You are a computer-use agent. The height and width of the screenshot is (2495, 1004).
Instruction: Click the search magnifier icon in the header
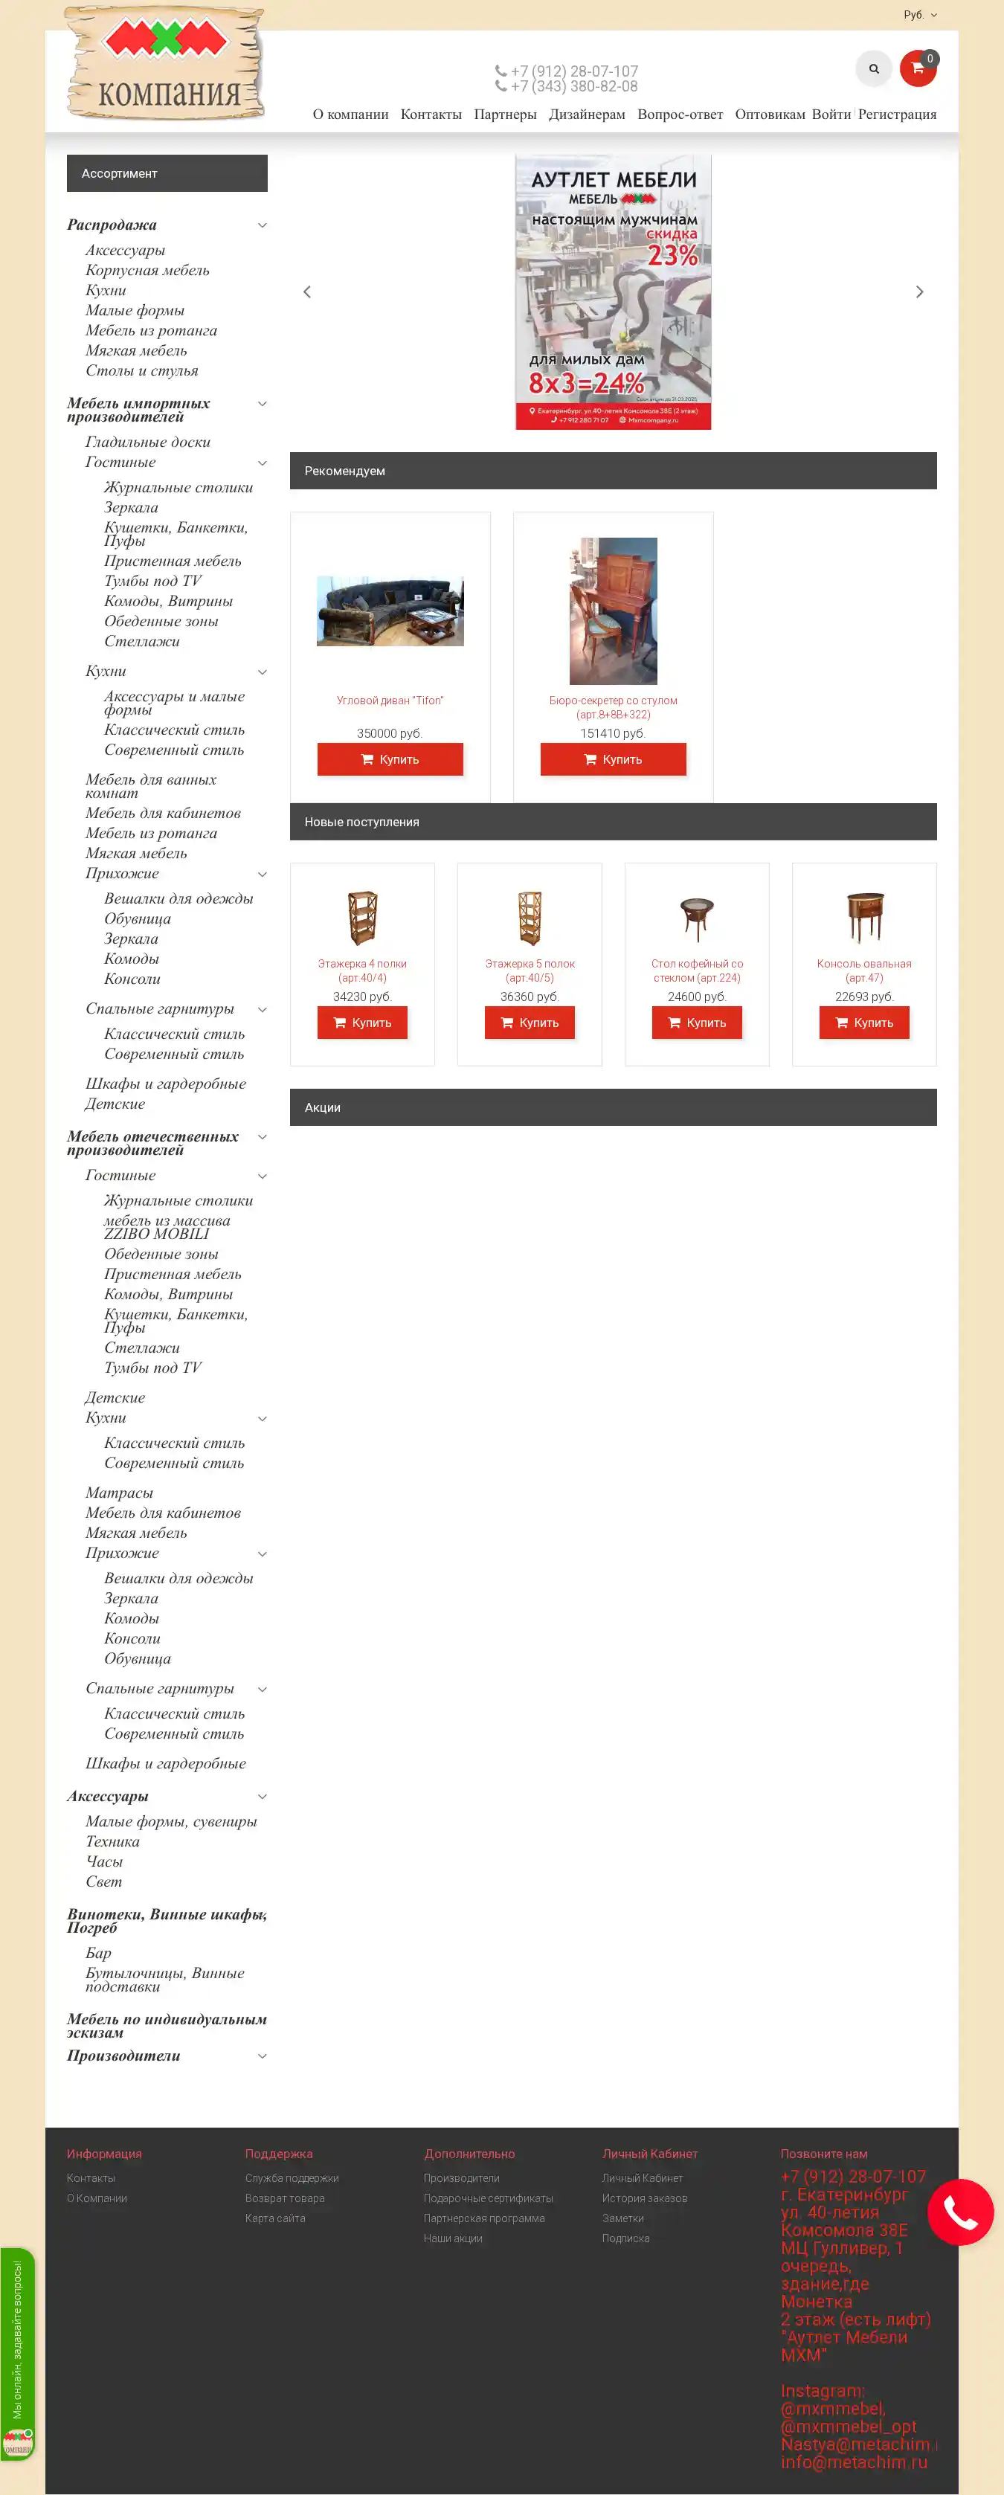pyautogui.click(x=873, y=68)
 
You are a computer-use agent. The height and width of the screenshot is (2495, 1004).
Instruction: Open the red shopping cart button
pyautogui.click(x=917, y=68)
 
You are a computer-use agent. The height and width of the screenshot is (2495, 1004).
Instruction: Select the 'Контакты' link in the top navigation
pyautogui.click(x=431, y=115)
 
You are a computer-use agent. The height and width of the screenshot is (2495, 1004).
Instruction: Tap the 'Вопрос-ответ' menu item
pyautogui.click(x=680, y=115)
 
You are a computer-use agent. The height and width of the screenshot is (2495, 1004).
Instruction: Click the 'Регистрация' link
pyautogui.click(x=896, y=115)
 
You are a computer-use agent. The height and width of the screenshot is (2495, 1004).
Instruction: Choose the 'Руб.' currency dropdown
pyautogui.click(x=918, y=15)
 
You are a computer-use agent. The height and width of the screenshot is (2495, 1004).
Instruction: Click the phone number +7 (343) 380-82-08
pyautogui.click(x=573, y=86)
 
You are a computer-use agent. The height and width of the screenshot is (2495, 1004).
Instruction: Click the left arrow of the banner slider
pyautogui.click(x=307, y=292)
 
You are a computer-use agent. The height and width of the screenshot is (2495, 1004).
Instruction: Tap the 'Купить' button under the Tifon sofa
pyautogui.click(x=390, y=759)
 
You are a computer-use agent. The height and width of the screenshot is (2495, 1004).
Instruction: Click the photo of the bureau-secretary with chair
pyautogui.click(x=613, y=611)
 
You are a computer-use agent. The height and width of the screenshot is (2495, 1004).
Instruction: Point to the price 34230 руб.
pyautogui.click(x=362, y=997)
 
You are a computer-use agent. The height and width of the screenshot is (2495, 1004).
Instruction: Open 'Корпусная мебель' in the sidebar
pyautogui.click(x=147, y=270)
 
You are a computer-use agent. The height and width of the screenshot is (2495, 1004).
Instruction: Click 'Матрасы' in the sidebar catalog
pyautogui.click(x=119, y=1493)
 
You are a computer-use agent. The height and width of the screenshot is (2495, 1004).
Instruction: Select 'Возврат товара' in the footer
pyautogui.click(x=285, y=2198)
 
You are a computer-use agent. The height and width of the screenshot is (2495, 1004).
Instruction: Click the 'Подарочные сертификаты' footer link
pyautogui.click(x=488, y=2198)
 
